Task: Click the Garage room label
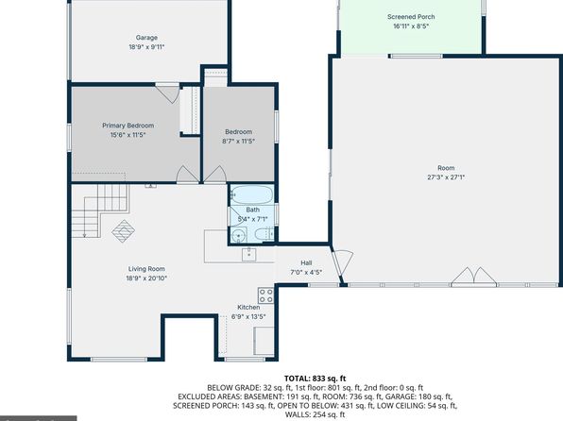point(146,38)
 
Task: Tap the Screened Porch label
point(411,17)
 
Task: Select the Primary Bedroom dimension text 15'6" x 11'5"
point(128,135)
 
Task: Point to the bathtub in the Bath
point(251,194)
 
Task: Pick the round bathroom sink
point(238,236)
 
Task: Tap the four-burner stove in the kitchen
point(266,295)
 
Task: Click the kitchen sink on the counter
point(248,254)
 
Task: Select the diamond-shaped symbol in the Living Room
point(124,231)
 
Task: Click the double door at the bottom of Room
point(474,276)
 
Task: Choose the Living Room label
point(146,269)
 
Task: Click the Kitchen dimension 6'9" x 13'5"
point(248,316)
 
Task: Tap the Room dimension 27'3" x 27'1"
point(446,177)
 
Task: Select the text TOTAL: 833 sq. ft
point(315,379)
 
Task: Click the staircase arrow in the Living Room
point(85,217)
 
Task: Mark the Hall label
point(306,263)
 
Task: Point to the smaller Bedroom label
point(238,132)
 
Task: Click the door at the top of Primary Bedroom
point(167,93)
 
